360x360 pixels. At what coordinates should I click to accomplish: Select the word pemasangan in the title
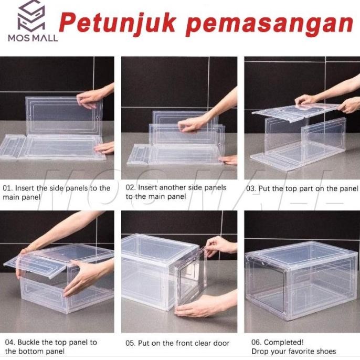pos(270,25)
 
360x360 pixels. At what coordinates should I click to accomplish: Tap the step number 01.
pos(7,188)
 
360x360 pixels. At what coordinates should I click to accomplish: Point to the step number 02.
pos(130,187)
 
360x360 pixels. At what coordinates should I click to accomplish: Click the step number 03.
pos(252,188)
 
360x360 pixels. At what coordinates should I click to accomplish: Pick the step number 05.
pos(130,343)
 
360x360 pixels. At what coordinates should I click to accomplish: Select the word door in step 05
pos(220,343)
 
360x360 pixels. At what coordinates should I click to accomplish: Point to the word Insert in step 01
pos(25,188)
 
